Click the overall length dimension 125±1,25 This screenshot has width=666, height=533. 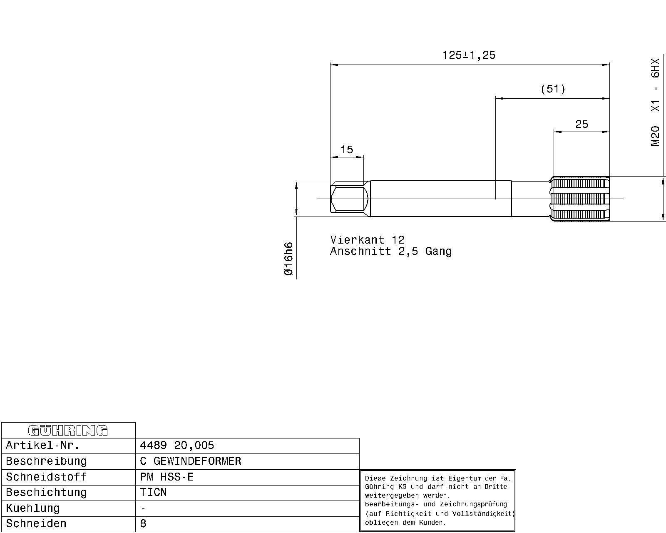click(469, 55)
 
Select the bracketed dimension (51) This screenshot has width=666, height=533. click(553, 89)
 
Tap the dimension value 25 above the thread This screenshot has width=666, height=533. click(582, 124)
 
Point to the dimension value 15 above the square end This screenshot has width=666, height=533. click(347, 149)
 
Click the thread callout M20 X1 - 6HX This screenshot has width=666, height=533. click(655, 102)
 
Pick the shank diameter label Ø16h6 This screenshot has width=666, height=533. click(288, 259)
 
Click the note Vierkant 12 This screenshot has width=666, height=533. click(367, 240)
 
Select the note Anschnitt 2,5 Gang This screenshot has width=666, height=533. click(391, 251)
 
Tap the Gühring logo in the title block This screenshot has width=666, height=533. click(68, 431)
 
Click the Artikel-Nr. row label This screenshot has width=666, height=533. click(43, 446)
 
